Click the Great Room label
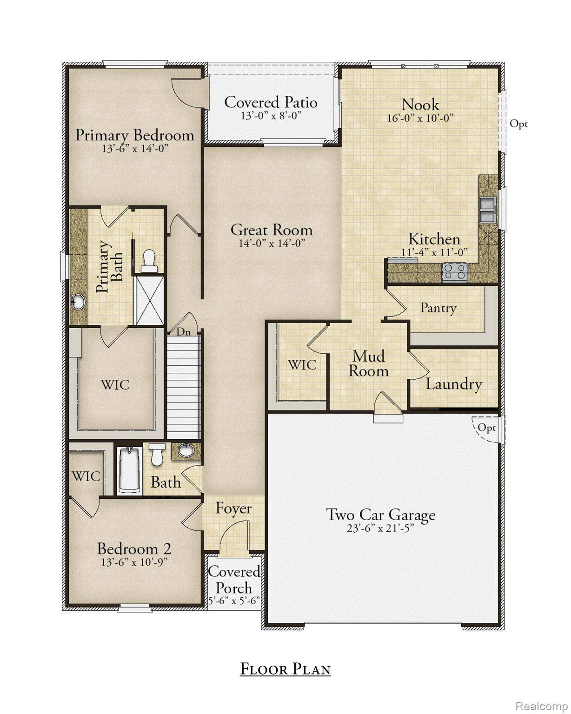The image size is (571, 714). click(272, 230)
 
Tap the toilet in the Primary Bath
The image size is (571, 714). click(149, 261)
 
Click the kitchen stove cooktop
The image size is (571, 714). click(454, 271)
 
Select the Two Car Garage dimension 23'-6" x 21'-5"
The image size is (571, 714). click(380, 528)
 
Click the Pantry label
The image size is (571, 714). click(438, 308)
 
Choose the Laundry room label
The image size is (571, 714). click(453, 384)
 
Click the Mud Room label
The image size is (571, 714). click(368, 364)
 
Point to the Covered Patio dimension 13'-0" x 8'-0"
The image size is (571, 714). click(271, 115)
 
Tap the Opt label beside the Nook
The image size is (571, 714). click(519, 124)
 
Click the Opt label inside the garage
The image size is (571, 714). click(486, 427)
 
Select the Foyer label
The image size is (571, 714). click(233, 509)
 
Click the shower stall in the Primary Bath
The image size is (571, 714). click(149, 300)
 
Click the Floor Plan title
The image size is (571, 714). click(285, 669)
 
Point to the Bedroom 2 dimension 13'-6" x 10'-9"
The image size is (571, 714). click(134, 562)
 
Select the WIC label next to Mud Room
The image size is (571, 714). click(302, 365)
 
